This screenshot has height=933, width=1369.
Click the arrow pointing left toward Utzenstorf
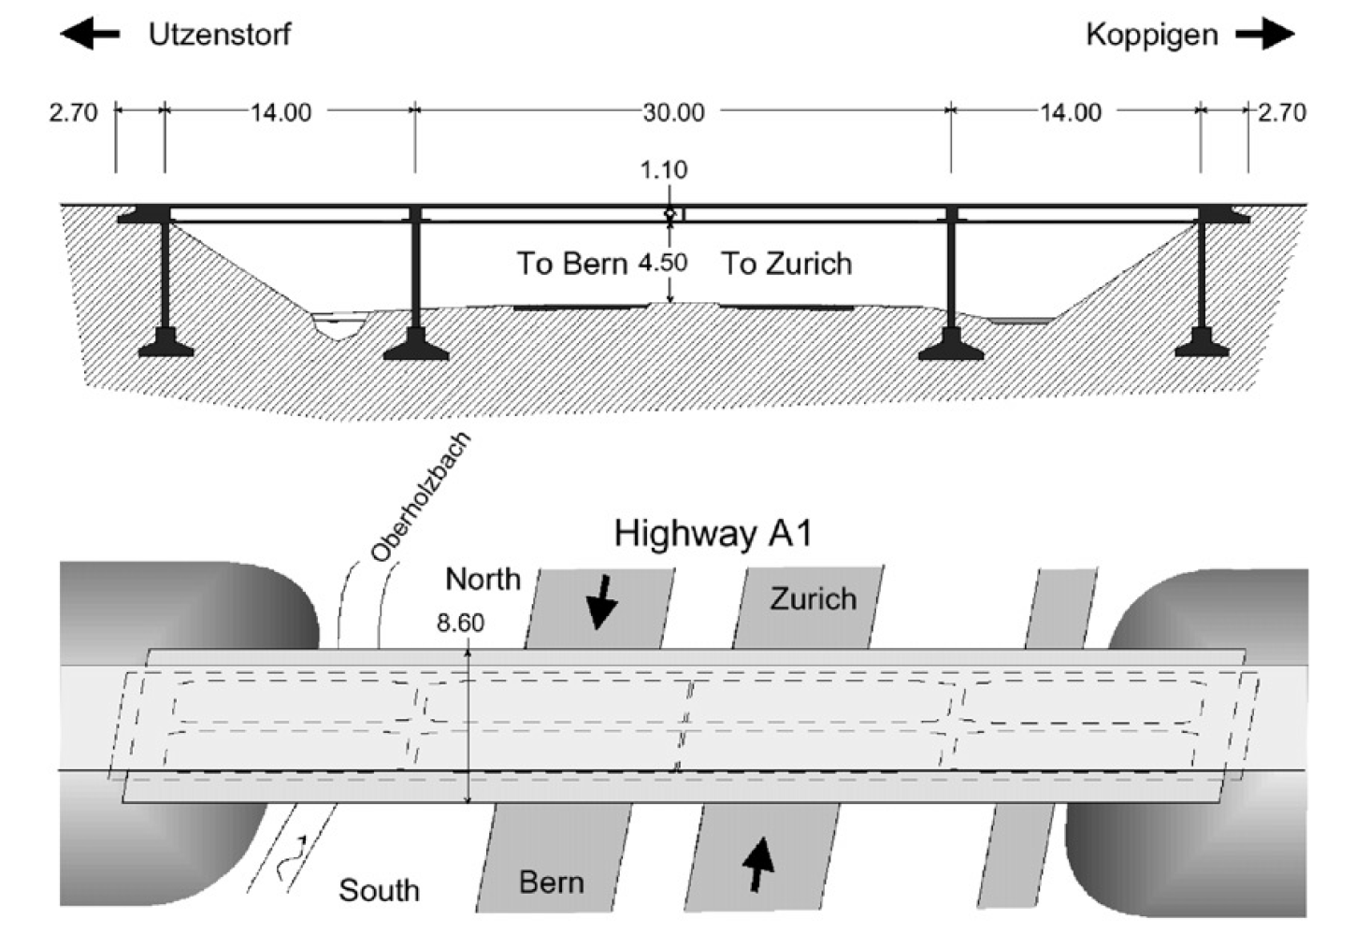pyautogui.click(x=90, y=35)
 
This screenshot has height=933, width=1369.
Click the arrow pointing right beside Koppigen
pyautogui.click(x=1264, y=36)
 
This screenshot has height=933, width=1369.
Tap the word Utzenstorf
pyautogui.click(x=220, y=35)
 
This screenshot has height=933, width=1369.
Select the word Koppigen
pyautogui.click(x=1151, y=36)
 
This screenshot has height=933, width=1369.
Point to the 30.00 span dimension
pyautogui.click(x=673, y=112)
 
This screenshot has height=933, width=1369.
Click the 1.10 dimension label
pyautogui.click(x=663, y=170)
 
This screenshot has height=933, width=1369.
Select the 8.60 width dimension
pyautogui.click(x=460, y=623)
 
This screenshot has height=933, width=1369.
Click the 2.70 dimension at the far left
pyautogui.click(x=73, y=112)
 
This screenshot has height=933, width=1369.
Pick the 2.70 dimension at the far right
pyautogui.click(x=1280, y=112)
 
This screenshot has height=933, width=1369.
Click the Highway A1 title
pyautogui.click(x=713, y=534)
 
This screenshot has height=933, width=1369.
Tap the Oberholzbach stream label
pyautogui.click(x=420, y=498)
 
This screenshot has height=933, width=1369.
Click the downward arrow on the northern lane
pyautogui.click(x=601, y=601)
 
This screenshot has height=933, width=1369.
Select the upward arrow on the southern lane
pyautogui.click(x=757, y=865)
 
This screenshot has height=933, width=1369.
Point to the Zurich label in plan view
pyautogui.click(x=813, y=598)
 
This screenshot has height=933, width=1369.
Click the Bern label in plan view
pyautogui.click(x=551, y=883)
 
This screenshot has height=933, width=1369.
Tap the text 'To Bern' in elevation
pyautogui.click(x=572, y=264)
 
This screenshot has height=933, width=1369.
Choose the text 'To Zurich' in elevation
pyautogui.click(x=785, y=264)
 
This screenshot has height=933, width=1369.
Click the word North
pyautogui.click(x=483, y=580)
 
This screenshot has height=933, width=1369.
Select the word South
pyautogui.click(x=379, y=890)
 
